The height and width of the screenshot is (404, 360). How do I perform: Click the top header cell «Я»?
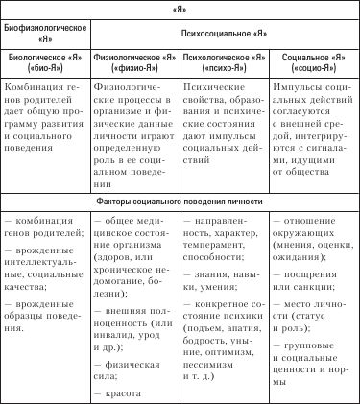tap(180, 10)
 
